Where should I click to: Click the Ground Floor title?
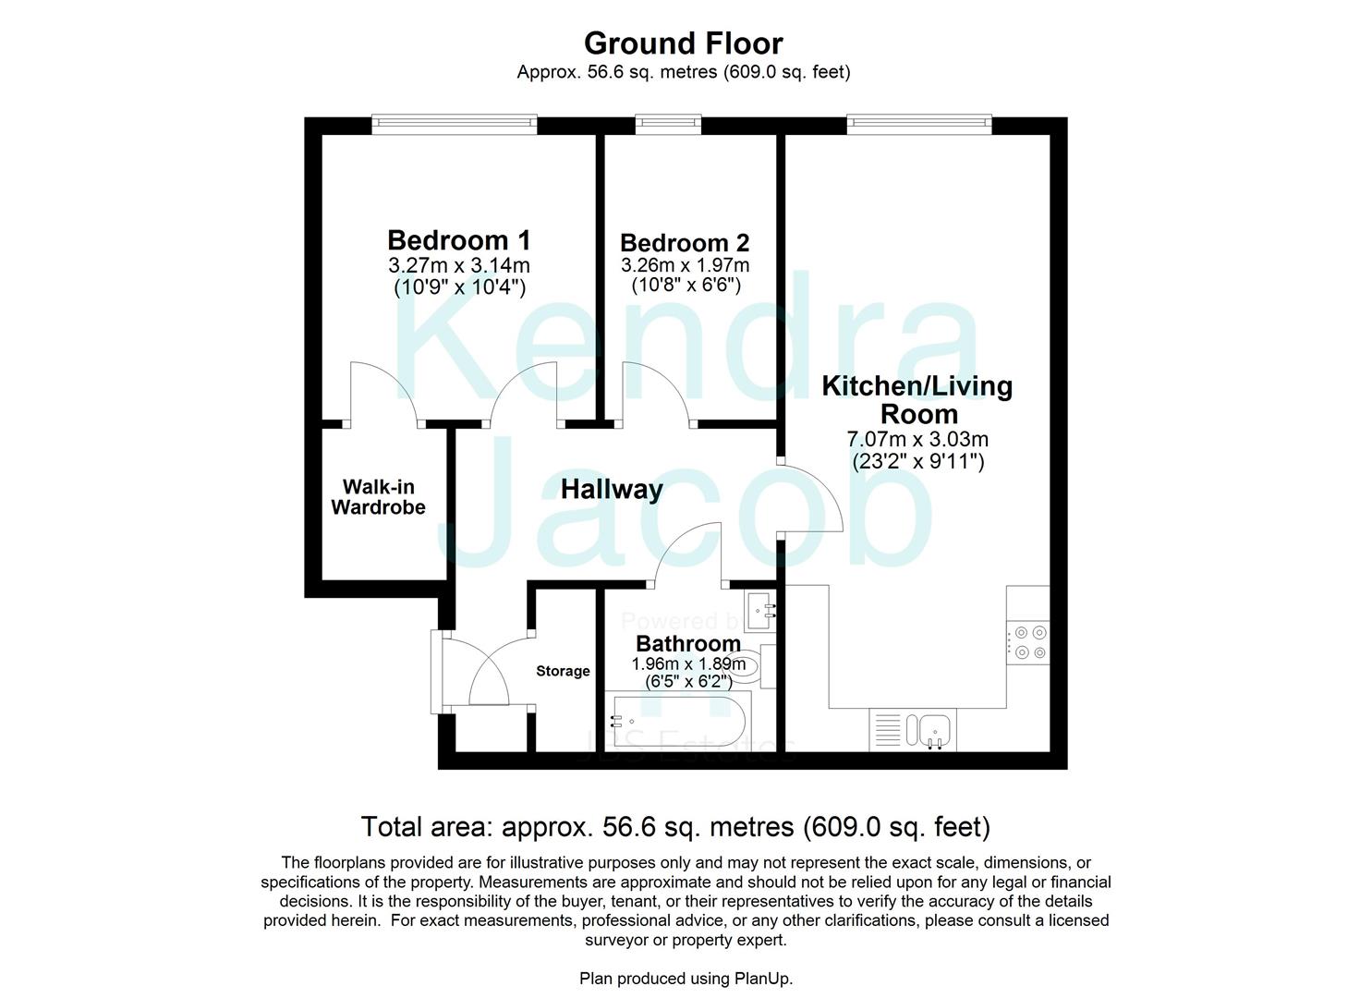(683, 43)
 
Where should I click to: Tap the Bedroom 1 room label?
(459, 240)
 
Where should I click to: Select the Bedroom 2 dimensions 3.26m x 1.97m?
(685, 265)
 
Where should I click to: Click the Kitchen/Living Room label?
(917, 399)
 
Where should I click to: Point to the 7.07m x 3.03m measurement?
(917, 439)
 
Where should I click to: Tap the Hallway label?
(612, 489)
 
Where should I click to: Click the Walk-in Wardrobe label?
(379, 497)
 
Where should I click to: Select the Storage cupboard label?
(563, 671)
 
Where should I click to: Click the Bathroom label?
(688, 643)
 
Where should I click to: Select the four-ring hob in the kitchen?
(1028, 642)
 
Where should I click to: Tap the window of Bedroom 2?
(667, 124)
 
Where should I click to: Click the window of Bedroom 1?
(454, 124)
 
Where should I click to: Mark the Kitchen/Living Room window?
(918, 124)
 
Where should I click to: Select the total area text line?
(675, 826)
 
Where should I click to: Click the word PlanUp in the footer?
(762, 979)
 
